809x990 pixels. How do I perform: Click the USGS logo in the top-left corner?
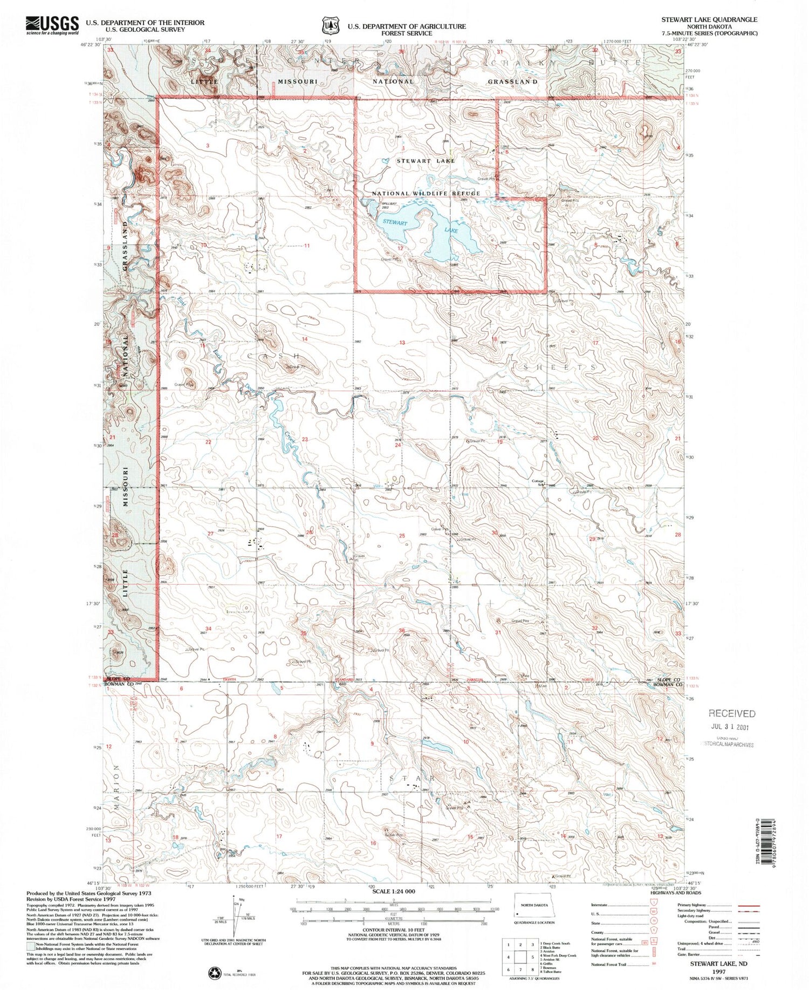[52, 24]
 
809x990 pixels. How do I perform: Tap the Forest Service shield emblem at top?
[330, 25]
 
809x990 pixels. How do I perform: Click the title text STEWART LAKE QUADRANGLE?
[709, 19]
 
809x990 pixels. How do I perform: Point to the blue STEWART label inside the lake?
[395, 222]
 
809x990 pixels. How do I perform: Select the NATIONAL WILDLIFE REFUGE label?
[426, 193]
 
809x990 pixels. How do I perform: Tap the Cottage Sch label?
[538, 482]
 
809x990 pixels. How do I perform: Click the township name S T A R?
[412, 778]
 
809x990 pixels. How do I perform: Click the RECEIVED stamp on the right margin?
[732, 713]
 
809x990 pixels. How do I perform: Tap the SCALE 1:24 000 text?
[394, 891]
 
